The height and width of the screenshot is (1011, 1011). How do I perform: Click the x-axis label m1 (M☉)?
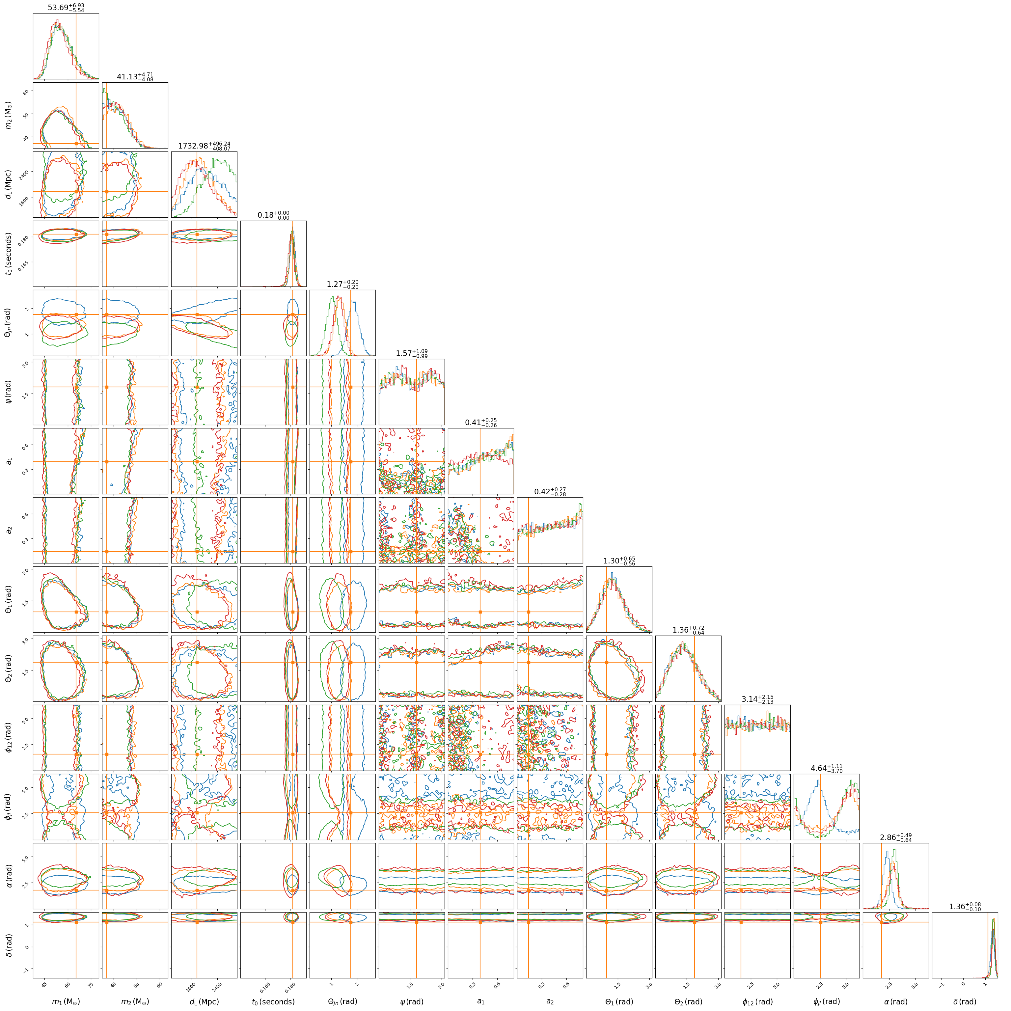tap(66, 1001)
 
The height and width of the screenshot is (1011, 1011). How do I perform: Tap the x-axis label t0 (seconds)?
tap(273, 1001)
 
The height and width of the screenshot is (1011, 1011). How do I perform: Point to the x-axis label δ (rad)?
tap(965, 1001)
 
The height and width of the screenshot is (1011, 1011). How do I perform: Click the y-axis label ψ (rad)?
tap(8, 392)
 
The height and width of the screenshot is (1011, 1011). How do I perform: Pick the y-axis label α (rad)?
tap(8, 876)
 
